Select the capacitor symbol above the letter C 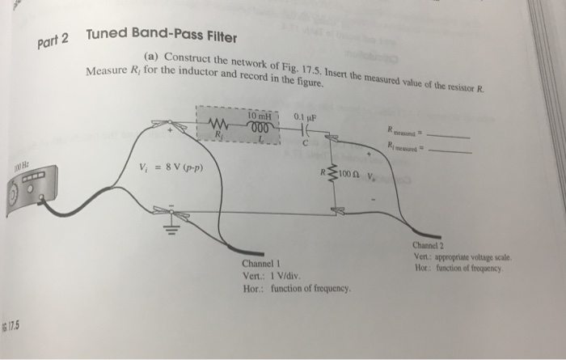click(305, 129)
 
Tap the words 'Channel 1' click(260, 264)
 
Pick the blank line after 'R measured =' click(450, 135)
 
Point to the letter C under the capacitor click(305, 143)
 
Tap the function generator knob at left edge click(13, 197)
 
